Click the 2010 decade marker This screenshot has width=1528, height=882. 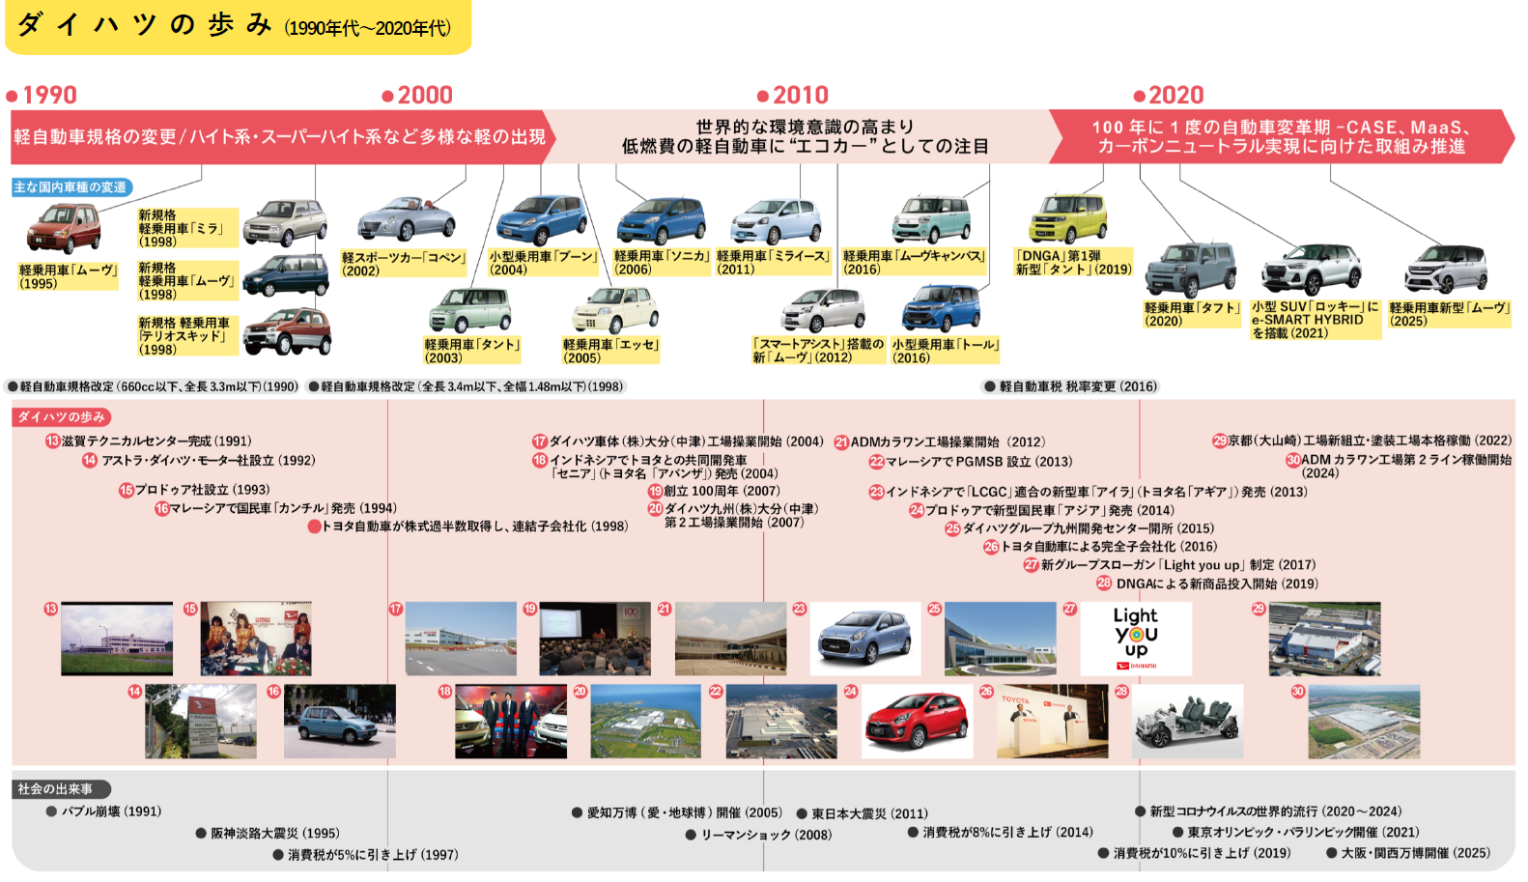point(794,95)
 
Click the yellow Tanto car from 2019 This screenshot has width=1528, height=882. point(1068,219)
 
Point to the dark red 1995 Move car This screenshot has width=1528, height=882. point(63,230)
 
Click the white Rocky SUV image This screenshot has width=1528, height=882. point(1311,270)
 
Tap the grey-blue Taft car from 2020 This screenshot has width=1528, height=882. point(1190,270)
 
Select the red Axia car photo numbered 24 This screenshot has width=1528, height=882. point(917,722)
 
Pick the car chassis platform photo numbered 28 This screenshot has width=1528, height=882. point(1188,722)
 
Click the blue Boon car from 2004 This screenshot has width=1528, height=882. point(541,220)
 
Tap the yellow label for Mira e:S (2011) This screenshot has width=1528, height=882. point(773,263)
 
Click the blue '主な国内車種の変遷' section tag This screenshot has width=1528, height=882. point(71,187)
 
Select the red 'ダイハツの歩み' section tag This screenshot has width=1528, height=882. point(62,417)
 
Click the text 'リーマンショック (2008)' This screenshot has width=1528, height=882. point(765,835)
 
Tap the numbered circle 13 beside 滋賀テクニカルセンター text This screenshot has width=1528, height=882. point(52,441)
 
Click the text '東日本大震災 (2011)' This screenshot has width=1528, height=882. point(868,813)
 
